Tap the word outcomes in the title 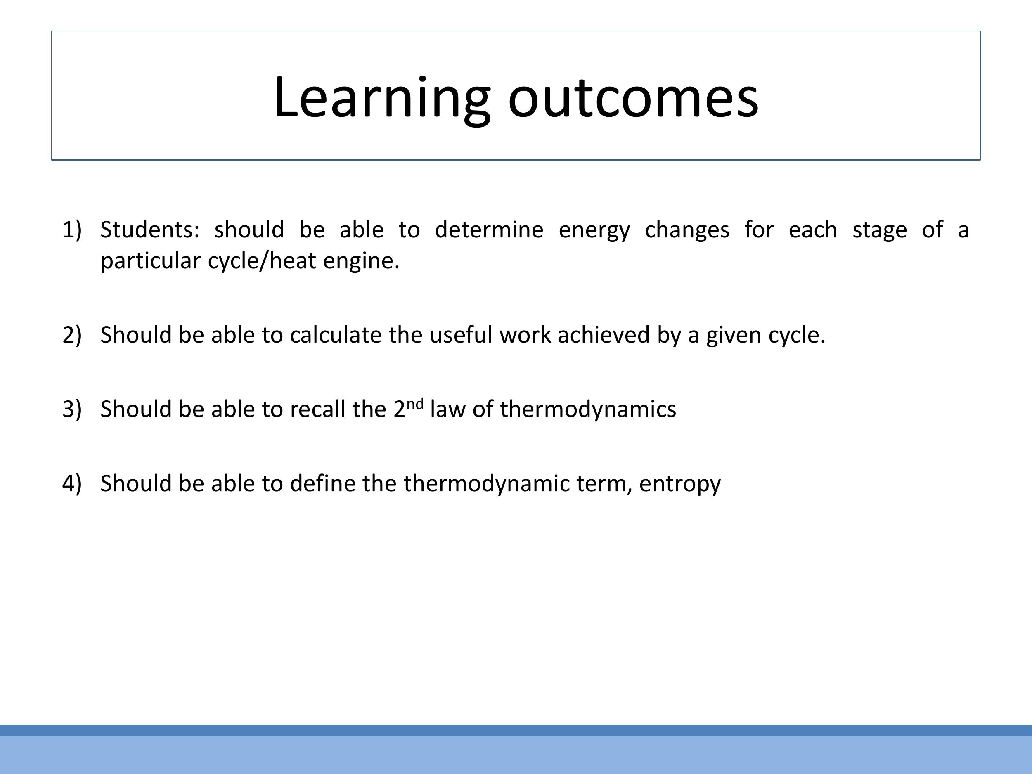(x=633, y=98)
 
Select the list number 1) (x=72, y=230)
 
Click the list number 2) (x=72, y=335)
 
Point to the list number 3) (x=72, y=409)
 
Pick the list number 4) (x=72, y=483)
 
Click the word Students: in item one (x=150, y=230)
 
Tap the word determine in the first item (x=489, y=230)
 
